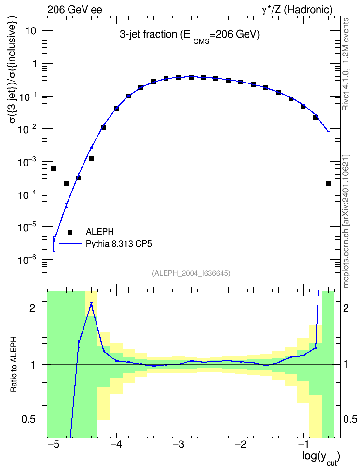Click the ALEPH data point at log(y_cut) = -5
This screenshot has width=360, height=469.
[x=54, y=168]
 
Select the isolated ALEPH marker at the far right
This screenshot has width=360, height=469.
[x=328, y=184]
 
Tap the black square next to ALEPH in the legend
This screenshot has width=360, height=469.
[x=70, y=232]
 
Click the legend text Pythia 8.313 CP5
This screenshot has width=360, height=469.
[x=119, y=244]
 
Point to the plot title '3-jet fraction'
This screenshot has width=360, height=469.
[x=148, y=35]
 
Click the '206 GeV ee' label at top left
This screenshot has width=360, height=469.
[x=74, y=10]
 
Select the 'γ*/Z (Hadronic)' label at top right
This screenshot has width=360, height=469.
[x=297, y=10]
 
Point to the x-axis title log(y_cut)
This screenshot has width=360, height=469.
[x=320, y=457]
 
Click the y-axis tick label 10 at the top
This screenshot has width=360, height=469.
[x=31, y=31]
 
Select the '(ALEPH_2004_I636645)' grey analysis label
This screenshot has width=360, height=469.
[x=191, y=273]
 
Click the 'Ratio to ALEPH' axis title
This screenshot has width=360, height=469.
[x=14, y=365]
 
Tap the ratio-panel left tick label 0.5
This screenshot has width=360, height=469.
[x=29, y=420]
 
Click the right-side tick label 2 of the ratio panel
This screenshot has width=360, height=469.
[x=346, y=308]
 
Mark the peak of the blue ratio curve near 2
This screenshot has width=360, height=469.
[x=91, y=303]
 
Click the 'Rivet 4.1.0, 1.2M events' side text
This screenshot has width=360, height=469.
[x=346, y=64]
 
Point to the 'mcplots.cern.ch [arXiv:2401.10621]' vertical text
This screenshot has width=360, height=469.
[x=346, y=221]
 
